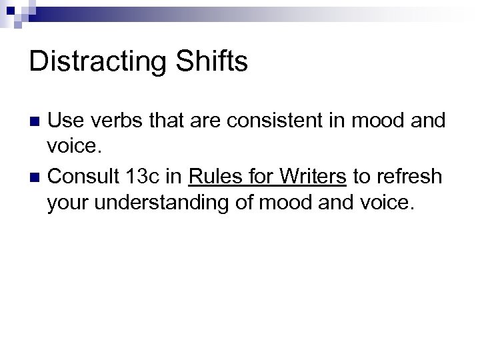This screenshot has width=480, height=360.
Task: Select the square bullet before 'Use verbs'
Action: [37, 121]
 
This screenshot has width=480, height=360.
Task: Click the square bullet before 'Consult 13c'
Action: [37, 177]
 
